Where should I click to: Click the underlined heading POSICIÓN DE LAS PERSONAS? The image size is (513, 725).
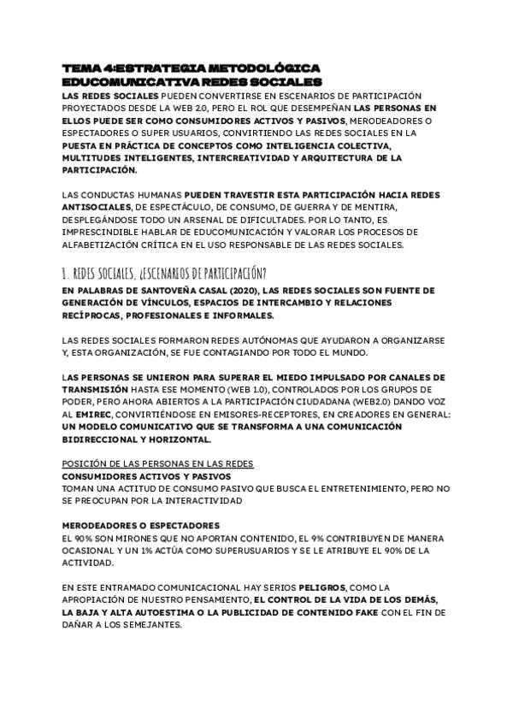(x=157, y=463)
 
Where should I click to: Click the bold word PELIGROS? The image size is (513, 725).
(x=321, y=587)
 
